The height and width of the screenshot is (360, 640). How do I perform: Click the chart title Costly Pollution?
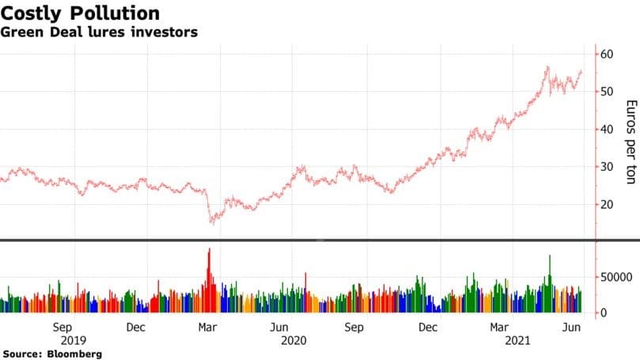click(x=81, y=13)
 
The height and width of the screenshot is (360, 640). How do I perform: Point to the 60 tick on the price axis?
click(x=608, y=54)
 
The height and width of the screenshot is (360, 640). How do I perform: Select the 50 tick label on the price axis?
click(x=608, y=92)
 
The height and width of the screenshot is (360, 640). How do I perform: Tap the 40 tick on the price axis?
click(x=608, y=130)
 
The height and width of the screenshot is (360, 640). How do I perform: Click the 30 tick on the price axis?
click(x=608, y=167)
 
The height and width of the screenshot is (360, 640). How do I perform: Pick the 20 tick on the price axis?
click(x=608, y=205)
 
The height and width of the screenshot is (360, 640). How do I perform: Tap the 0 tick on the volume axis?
click(x=603, y=313)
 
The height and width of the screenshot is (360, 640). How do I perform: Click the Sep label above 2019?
click(x=62, y=328)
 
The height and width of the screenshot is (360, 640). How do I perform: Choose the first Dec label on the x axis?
click(x=135, y=328)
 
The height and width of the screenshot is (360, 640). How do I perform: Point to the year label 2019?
click(x=62, y=340)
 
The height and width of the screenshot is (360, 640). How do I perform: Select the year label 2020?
click(x=293, y=340)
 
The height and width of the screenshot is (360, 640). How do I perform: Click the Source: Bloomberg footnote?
click(x=51, y=354)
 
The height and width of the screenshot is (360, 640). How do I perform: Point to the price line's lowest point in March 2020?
click(x=211, y=223)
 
